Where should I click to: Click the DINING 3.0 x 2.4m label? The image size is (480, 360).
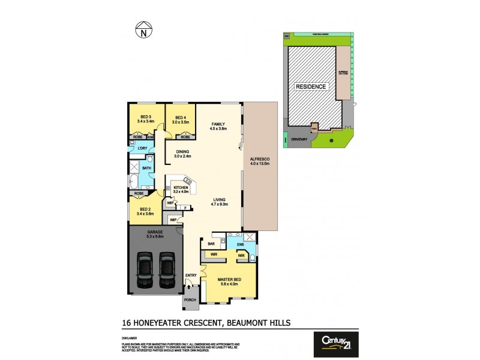coord(182,154)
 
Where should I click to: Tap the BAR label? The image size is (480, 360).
coord(211,244)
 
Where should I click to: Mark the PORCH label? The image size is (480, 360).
coord(190,301)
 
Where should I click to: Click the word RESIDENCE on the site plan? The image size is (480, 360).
coord(311,87)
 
